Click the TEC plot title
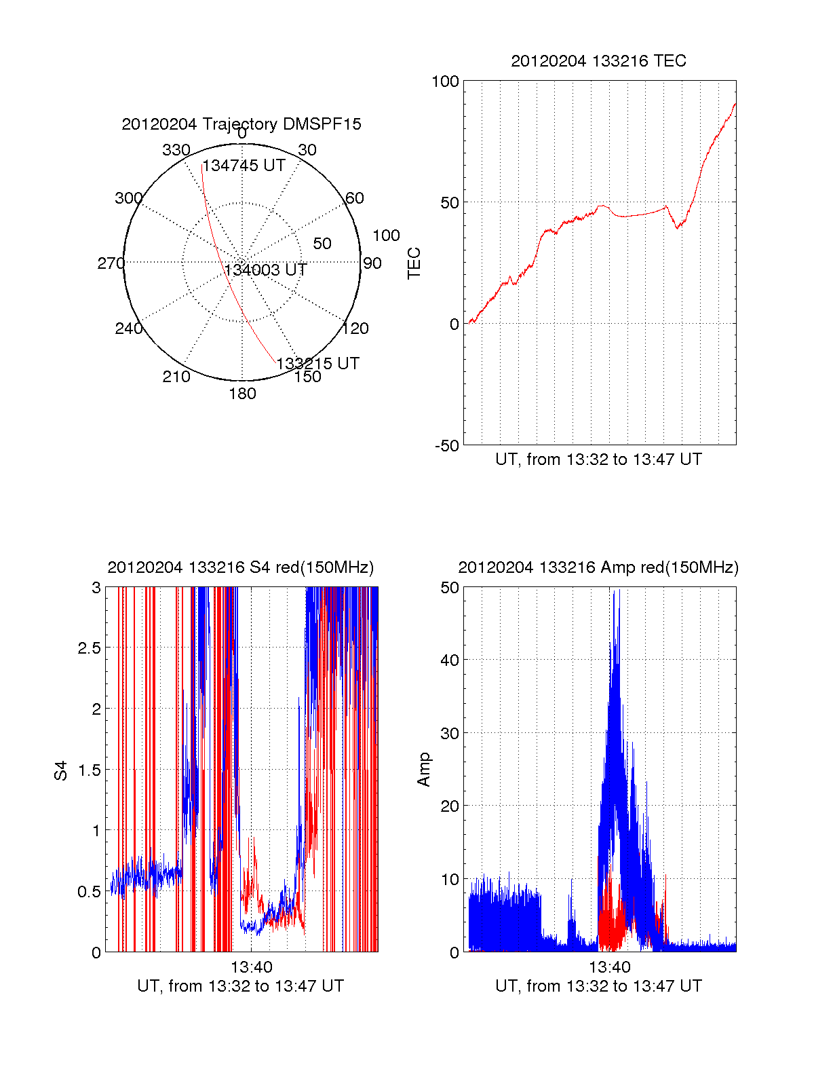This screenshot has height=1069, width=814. pyautogui.click(x=598, y=61)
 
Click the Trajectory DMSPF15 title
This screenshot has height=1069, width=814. pyautogui.click(x=241, y=124)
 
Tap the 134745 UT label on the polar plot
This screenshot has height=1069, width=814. pyautogui.click(x=244, y=166)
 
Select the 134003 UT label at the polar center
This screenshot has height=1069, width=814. pyautogui.click(x=266, y=270)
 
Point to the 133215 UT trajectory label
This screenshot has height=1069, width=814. pyautogui.click(x=317, y=364)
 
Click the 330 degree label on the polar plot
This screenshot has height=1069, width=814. pyautogui.click(x=176, y=150)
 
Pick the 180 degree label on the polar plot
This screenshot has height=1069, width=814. pyautogui.click(x=242, y=394)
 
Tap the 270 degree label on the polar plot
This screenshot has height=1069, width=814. pyautogui.click(x=111, y=263)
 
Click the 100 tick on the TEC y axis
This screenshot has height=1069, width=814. pyautogui.click(x=445, y=81)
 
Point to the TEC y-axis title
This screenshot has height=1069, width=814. pyautogui.click(x=414, y=263)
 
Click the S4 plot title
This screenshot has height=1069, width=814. pyautogui.click(x=241, y=567)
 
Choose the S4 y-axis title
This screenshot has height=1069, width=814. pyautogui.click(x=61, y=770)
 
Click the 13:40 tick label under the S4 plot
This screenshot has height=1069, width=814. pyautogui.click(x=251, y=967)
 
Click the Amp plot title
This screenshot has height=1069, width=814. pyautogui.click(x=598, y=567)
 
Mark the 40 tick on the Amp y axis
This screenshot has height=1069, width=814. pyautogui.click(x=450, y=660)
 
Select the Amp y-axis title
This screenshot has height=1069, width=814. pyautogui.click(x=424, y=770)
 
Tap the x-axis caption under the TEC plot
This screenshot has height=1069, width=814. pyautogui.click(x=598, y=460)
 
